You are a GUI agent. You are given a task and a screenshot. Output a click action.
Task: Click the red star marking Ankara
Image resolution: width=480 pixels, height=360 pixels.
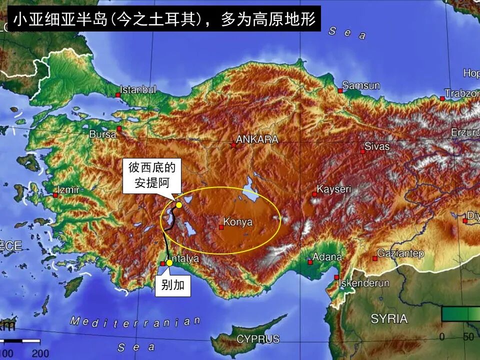(233, 145)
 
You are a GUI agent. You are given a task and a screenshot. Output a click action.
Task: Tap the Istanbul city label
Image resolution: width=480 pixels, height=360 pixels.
(138, 90)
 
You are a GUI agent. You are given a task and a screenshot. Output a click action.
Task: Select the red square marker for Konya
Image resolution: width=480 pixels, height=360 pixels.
(221, 227)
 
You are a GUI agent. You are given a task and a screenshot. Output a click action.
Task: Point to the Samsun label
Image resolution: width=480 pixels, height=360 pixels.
(361, 85)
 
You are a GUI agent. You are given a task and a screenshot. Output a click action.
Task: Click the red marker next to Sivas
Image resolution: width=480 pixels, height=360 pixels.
(362, 151)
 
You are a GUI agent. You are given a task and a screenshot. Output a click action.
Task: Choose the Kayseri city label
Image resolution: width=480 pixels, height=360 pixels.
(334, 189)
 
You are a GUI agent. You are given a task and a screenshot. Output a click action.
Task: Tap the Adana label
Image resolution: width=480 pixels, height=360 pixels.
(327, 257)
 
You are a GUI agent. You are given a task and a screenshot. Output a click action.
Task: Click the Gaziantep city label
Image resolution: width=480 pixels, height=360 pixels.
(400, 253)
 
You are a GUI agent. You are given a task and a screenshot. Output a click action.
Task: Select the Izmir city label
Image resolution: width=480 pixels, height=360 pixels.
(69, 190)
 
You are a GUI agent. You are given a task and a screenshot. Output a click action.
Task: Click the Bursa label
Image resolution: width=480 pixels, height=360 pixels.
(102, 134)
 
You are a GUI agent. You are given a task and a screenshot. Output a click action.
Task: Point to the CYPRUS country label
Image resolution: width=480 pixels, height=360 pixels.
(258, 339)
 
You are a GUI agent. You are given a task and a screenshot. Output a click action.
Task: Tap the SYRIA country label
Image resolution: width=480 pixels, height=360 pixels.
(389, 319)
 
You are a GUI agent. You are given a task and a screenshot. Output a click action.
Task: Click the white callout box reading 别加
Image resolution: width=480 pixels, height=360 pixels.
(173, 285)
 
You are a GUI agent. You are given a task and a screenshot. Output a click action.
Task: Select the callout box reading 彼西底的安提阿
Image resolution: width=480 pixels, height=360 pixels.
(152, 175)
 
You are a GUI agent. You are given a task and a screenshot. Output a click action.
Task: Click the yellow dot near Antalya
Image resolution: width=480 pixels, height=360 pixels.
(169, 262)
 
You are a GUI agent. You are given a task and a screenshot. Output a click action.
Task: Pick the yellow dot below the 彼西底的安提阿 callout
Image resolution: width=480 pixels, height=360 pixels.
(179, 205)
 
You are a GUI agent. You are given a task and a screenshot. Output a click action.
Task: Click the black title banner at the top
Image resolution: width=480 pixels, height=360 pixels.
(164, 19)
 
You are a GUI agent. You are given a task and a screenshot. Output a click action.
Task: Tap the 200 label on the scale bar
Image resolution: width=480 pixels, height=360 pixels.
(40, 353)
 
